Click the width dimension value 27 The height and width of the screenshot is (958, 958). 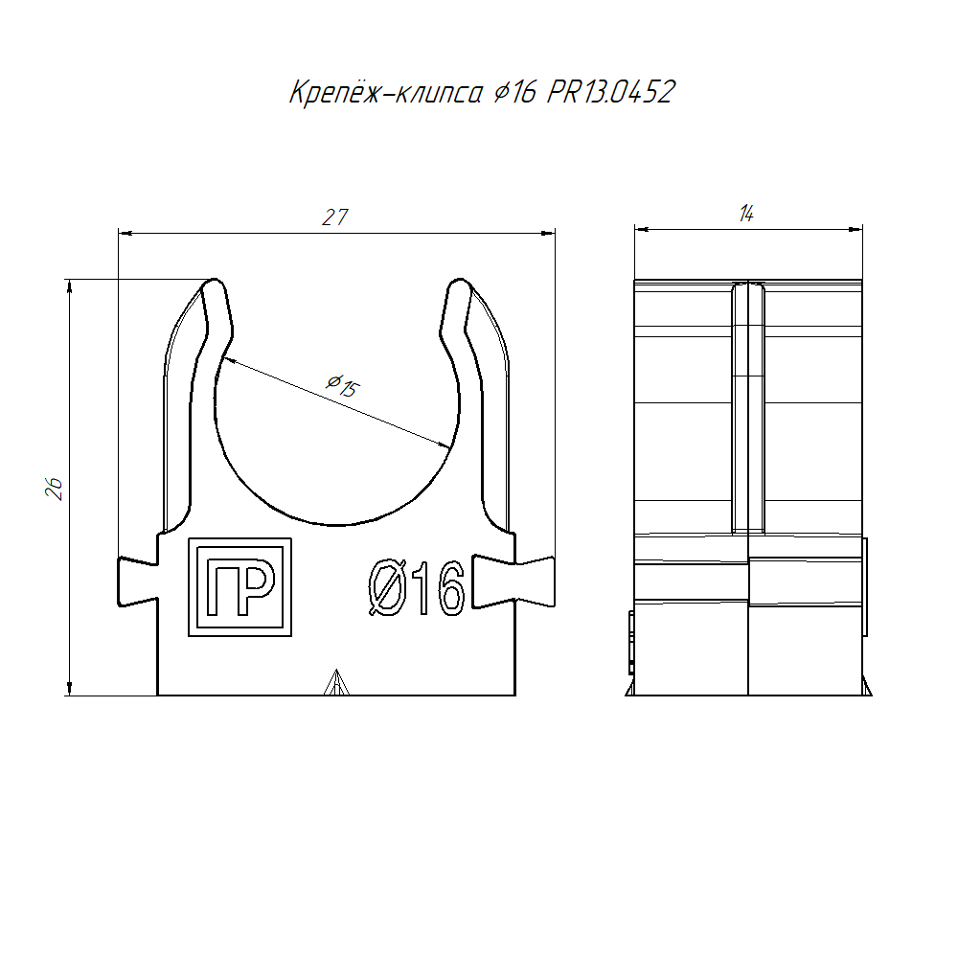335,217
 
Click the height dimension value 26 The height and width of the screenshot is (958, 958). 55,489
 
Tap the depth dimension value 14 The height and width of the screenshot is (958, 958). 746,214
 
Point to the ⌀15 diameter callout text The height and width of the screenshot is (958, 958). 343,385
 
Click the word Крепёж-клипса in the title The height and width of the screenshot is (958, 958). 386,92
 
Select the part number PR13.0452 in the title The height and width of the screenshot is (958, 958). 611,92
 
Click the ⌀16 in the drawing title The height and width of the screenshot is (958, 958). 515,92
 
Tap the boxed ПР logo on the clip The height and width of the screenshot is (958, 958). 240,587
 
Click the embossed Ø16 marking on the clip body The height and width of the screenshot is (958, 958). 417,588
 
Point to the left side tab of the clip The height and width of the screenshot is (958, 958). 138,582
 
